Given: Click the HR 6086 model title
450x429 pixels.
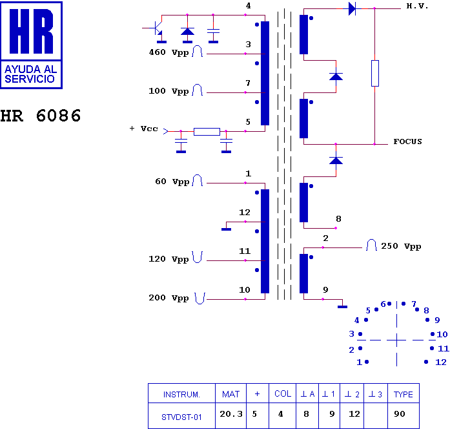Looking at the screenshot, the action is (41, 116).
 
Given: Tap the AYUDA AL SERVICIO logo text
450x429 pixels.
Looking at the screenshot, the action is (31, 74).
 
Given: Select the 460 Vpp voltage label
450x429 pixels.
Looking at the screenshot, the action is (169, 52).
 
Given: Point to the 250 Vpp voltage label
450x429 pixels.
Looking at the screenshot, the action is (401, 246).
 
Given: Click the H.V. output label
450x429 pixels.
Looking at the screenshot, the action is (417, 6).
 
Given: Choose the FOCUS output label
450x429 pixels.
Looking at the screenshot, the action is (407, 141).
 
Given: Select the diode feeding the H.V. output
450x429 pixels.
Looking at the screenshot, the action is (353, 8).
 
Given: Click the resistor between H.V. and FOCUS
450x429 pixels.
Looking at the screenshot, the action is (375, 73).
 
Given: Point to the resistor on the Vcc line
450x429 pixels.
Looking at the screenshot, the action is (207, 132).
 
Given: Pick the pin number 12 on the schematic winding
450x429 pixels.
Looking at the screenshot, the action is (245, 213).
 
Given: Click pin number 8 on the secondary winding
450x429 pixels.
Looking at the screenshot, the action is (339, 219).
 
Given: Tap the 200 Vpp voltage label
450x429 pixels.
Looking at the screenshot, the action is (169, 298).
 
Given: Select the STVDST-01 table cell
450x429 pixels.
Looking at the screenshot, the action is (181, 417).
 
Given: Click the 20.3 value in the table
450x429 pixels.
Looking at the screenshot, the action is (231, 414).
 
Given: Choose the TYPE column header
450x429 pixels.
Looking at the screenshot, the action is (404, 394).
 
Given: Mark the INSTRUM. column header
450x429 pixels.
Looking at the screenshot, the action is (181, 395).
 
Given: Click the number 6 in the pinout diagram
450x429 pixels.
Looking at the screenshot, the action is (383, 304).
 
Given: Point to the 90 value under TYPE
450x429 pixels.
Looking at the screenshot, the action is (400, 414).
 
